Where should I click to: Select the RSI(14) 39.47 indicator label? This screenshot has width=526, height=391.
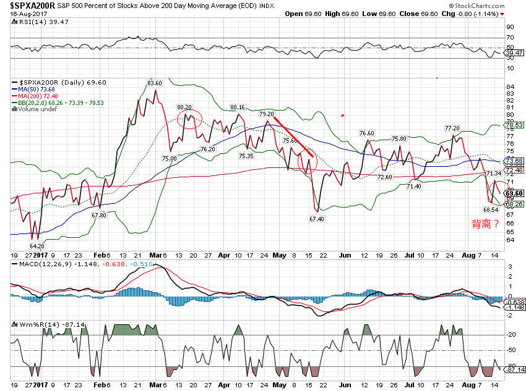[37, 22]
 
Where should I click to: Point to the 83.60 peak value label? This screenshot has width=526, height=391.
[154, 83]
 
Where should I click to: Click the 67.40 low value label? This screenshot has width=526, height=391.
[317, 218]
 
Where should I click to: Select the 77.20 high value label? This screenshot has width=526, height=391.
[453, 128]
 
